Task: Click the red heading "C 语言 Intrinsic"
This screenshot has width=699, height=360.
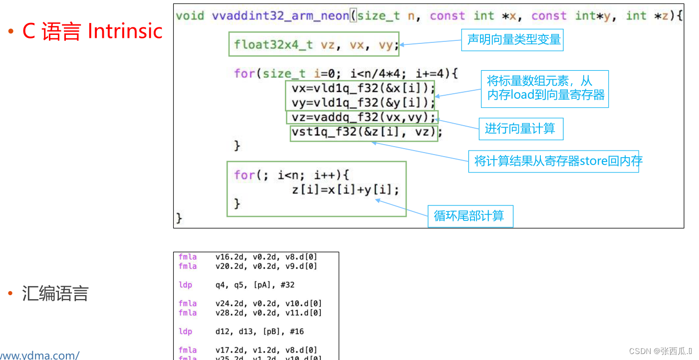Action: [x=92, y=31]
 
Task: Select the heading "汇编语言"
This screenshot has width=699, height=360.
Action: [x=55, y=294]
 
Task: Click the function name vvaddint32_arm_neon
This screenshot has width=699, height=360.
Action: [x=280, y=15]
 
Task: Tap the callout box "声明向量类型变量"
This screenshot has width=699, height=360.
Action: [x=513, y=40]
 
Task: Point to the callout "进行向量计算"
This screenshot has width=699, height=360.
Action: [x=520, y=129]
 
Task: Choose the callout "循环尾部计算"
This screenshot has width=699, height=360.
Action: [x=469, y=216]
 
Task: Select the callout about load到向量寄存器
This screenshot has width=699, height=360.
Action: [x=545, y=89]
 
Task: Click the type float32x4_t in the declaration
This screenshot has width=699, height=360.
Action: [x=273, y=44]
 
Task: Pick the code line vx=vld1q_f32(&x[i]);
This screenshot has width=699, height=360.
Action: [x=363, y=88]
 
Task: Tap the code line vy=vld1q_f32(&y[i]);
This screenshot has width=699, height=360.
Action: [x=363, y=103]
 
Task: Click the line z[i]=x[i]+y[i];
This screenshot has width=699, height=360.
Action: [x=345, y=189]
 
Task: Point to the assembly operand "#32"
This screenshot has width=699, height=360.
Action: [x=287, y=285]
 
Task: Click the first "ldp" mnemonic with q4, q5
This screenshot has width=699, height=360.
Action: [x=185, y=285]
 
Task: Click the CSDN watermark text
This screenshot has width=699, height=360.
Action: [x=660, y=351]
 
